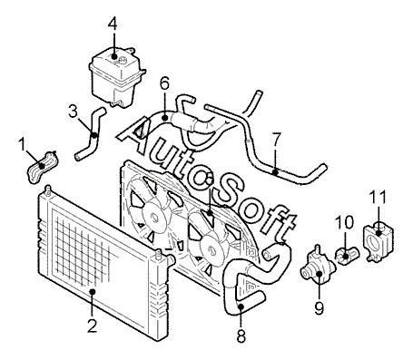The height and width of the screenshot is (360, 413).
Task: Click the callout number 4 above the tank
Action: (113, 22)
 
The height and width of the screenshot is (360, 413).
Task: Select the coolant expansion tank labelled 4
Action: (116, 78)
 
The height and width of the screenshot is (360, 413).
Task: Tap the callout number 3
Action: (74, 112)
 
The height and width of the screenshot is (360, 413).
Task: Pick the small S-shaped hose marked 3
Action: (90, 133)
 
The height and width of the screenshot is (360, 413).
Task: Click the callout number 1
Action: (22, 144)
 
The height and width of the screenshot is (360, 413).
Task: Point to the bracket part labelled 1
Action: (43, 166)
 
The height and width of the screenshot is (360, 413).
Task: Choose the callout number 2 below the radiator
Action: (92, 326)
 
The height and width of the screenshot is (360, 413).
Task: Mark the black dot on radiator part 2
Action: (93, 291)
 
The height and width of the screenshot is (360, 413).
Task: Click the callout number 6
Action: (164, 83)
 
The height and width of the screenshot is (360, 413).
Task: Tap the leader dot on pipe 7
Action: (275, 172)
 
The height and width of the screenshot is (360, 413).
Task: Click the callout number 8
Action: (241, 335)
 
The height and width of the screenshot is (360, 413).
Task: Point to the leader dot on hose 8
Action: (241, 306)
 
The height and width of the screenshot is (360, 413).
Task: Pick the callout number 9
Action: (320, 307)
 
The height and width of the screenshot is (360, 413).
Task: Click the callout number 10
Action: (344, 222)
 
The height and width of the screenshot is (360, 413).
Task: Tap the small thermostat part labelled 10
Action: (347, 256)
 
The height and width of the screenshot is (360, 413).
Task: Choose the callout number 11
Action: (378, 197)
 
